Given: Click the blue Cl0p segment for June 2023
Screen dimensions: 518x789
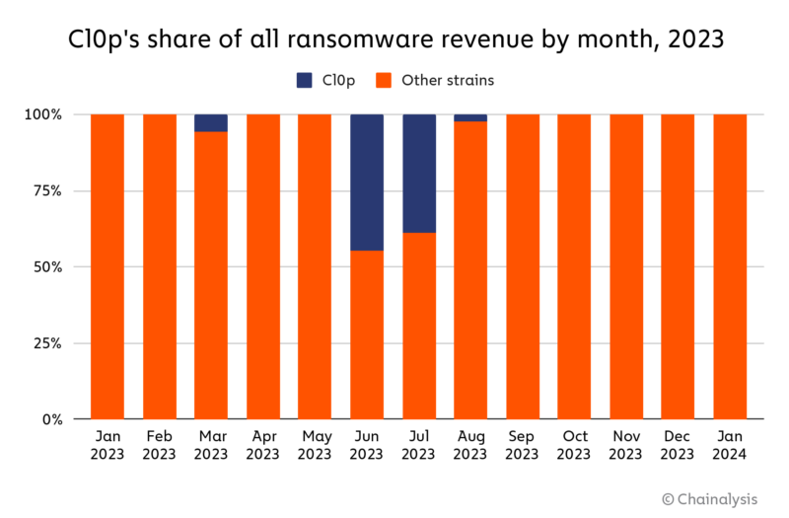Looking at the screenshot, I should click(367, 183).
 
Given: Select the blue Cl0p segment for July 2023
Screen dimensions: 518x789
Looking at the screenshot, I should click(418, 174).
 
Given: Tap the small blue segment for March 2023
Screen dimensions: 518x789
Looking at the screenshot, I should click(211, 123).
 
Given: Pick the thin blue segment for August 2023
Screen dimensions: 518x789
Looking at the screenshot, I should click(470, 117).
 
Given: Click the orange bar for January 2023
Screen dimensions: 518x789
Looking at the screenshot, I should click(108, 266).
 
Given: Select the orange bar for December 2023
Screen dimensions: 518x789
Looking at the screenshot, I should click(678, 266).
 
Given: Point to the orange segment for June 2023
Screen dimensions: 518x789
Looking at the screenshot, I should click(367, 334).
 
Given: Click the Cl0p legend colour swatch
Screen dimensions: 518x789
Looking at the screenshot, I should click(305, 80).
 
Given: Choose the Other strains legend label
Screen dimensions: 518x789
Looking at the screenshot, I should click(448, 80).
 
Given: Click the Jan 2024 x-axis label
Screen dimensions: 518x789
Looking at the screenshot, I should click(730, 445).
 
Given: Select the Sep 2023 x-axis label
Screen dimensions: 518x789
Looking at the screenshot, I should click(523, 445).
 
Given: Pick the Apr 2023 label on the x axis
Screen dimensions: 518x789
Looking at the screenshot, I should click(263, 445).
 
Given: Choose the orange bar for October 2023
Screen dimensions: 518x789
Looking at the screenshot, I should click(574, 266).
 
